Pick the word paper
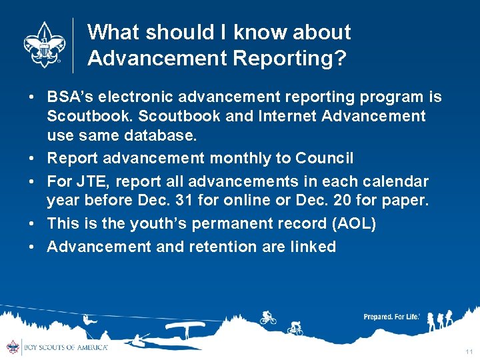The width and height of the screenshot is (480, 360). [403, 201]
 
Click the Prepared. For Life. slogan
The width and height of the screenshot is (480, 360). [391, 317]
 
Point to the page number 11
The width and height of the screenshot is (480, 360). [469, 351]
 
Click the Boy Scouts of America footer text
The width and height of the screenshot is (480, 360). [65, 347]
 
